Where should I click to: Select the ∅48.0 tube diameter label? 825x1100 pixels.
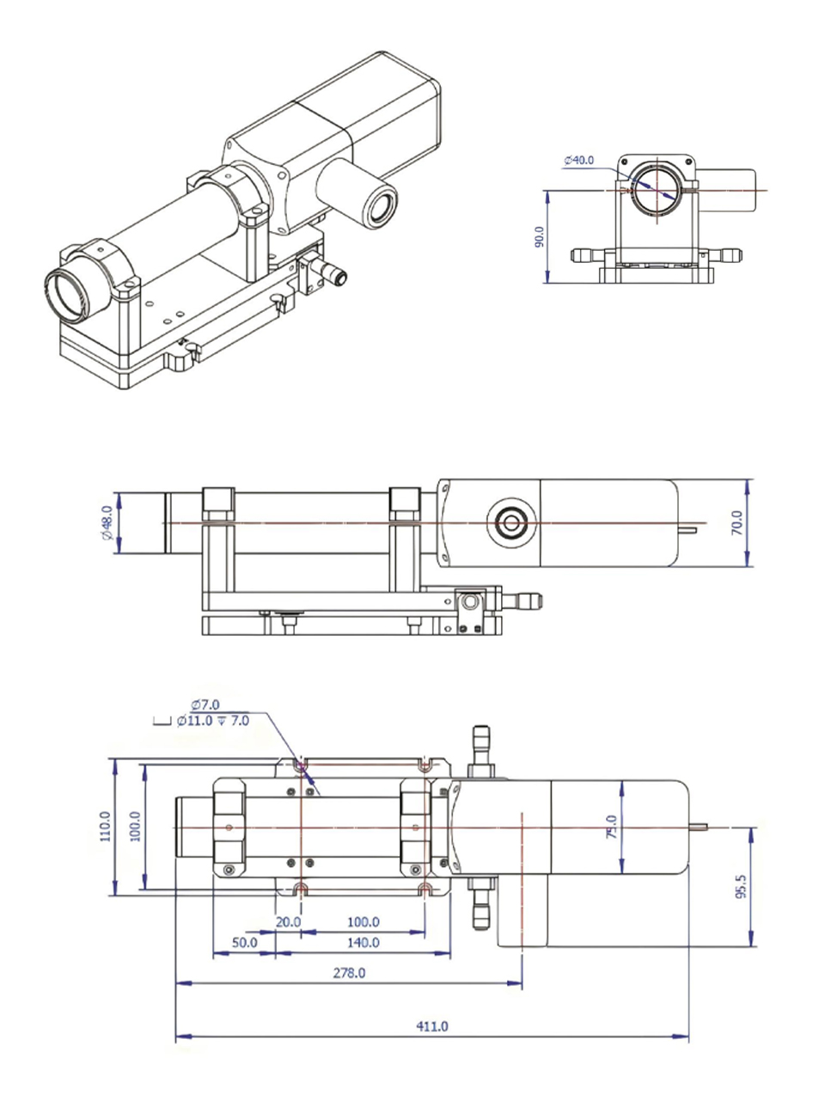[107, 522]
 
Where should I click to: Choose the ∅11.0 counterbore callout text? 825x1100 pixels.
[212, 721]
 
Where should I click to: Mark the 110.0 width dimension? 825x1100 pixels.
[106, 826]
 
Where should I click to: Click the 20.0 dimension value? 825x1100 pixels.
[288, 922]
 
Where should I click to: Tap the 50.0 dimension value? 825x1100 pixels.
[245, 943]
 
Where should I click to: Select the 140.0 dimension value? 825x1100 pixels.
[363, 943]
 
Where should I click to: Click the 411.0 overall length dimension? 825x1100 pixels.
[432, 1026]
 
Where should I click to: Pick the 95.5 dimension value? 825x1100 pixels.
[742, 886]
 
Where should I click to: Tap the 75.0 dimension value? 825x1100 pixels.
[612, 827]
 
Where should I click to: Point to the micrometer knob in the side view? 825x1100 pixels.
[522, 600]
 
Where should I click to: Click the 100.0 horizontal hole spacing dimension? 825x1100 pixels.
[363, 922]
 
